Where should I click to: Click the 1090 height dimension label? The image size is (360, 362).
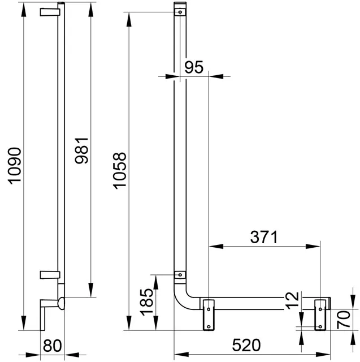click(x=15, y=166)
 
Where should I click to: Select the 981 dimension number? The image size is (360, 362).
click(x=81, y=150)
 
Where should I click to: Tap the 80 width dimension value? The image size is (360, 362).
click(x=53, y=346)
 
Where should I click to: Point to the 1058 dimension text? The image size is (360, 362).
click(x=120, y=171)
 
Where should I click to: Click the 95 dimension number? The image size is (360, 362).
click(x=194, y=67)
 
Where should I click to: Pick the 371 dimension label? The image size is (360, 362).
click(x=264, y=237)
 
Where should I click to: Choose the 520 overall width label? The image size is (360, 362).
click(x=246, y=345)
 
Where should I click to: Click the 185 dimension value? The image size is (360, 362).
click(x=147, y=302)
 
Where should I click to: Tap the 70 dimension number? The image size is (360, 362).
click(x=344, y=320)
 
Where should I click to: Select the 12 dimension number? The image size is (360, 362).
click(x=292, y=300)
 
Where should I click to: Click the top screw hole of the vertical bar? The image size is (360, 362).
click(x=180, y=12)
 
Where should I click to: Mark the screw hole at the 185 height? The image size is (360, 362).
click(x=180, y=275)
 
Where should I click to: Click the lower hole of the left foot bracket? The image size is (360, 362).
click(x=209, y=327)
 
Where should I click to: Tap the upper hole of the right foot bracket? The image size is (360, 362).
click(x=320, y=309)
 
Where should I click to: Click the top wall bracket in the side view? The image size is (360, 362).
click(x=50, y=12)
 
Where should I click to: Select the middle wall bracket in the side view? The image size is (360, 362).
click(x=50, y=275)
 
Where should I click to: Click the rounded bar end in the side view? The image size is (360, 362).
click(x=62, y=303)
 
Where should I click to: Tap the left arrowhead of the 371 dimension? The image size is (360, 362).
click(x=216, y=247)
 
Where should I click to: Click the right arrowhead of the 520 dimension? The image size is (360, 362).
click(x=323, y=354)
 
